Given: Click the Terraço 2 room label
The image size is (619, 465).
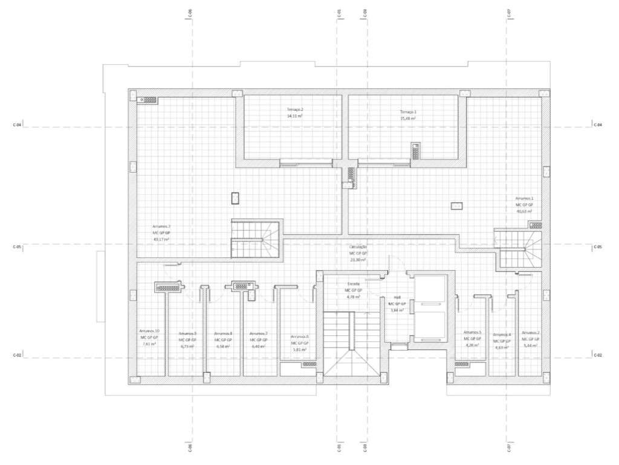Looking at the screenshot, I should click(x=295, y=109).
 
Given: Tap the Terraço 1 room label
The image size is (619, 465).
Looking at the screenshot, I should click(x=408, y=112).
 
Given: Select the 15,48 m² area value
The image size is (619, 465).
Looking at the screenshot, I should click(x=408, y=119).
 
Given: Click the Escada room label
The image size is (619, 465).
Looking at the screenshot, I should click(x=354, y=283).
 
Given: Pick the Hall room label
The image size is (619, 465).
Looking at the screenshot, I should click(x=397, y=297).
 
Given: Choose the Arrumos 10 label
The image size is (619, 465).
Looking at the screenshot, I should click(x=149, y=331).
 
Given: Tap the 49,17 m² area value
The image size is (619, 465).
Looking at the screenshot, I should click(x=161, y=239).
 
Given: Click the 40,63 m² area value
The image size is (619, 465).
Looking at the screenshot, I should click(x=524, y=211).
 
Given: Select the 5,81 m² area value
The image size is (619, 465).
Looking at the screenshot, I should click(x=299, y=350).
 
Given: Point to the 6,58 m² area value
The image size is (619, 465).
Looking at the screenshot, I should click(x=222, y=346).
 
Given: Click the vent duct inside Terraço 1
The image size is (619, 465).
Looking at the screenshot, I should click(x=416, y=151).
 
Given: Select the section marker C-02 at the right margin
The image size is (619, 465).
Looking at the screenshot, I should click(x=598, y=355).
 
